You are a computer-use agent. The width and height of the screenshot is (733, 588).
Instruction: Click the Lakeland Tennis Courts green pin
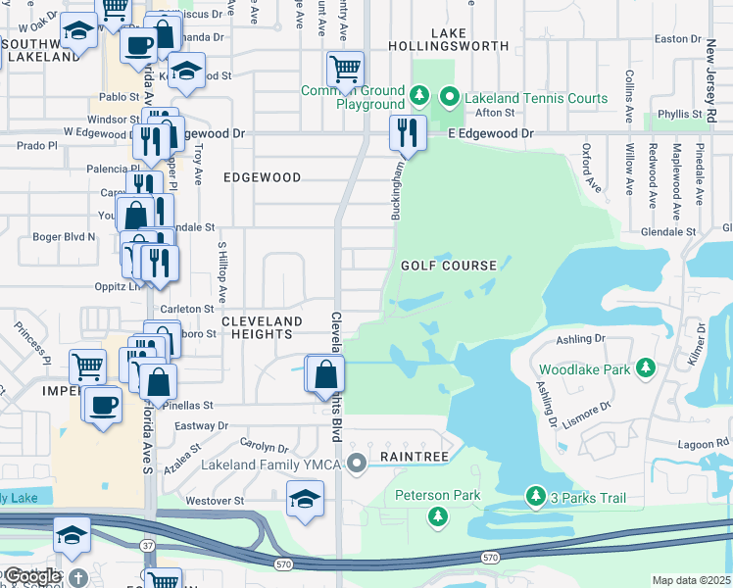click(450, 97)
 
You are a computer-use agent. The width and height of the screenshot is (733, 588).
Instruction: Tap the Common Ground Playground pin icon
click(419, 95)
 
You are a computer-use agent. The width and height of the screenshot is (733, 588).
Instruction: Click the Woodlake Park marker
click(645, 367)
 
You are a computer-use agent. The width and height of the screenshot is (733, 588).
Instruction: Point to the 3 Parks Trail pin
click(536, 497)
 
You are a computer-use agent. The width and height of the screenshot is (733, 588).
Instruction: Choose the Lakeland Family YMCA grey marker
click(358, 461)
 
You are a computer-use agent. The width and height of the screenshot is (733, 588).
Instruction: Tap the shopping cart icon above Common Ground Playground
click(345, 69)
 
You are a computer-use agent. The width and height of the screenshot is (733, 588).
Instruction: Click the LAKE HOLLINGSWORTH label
click(448, 39)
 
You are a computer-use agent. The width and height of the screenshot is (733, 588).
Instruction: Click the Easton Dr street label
click(675, 39)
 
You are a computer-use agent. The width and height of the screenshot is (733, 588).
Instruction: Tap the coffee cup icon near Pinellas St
click(103, 405)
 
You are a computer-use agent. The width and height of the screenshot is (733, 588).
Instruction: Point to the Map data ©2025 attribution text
click(692, 580)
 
